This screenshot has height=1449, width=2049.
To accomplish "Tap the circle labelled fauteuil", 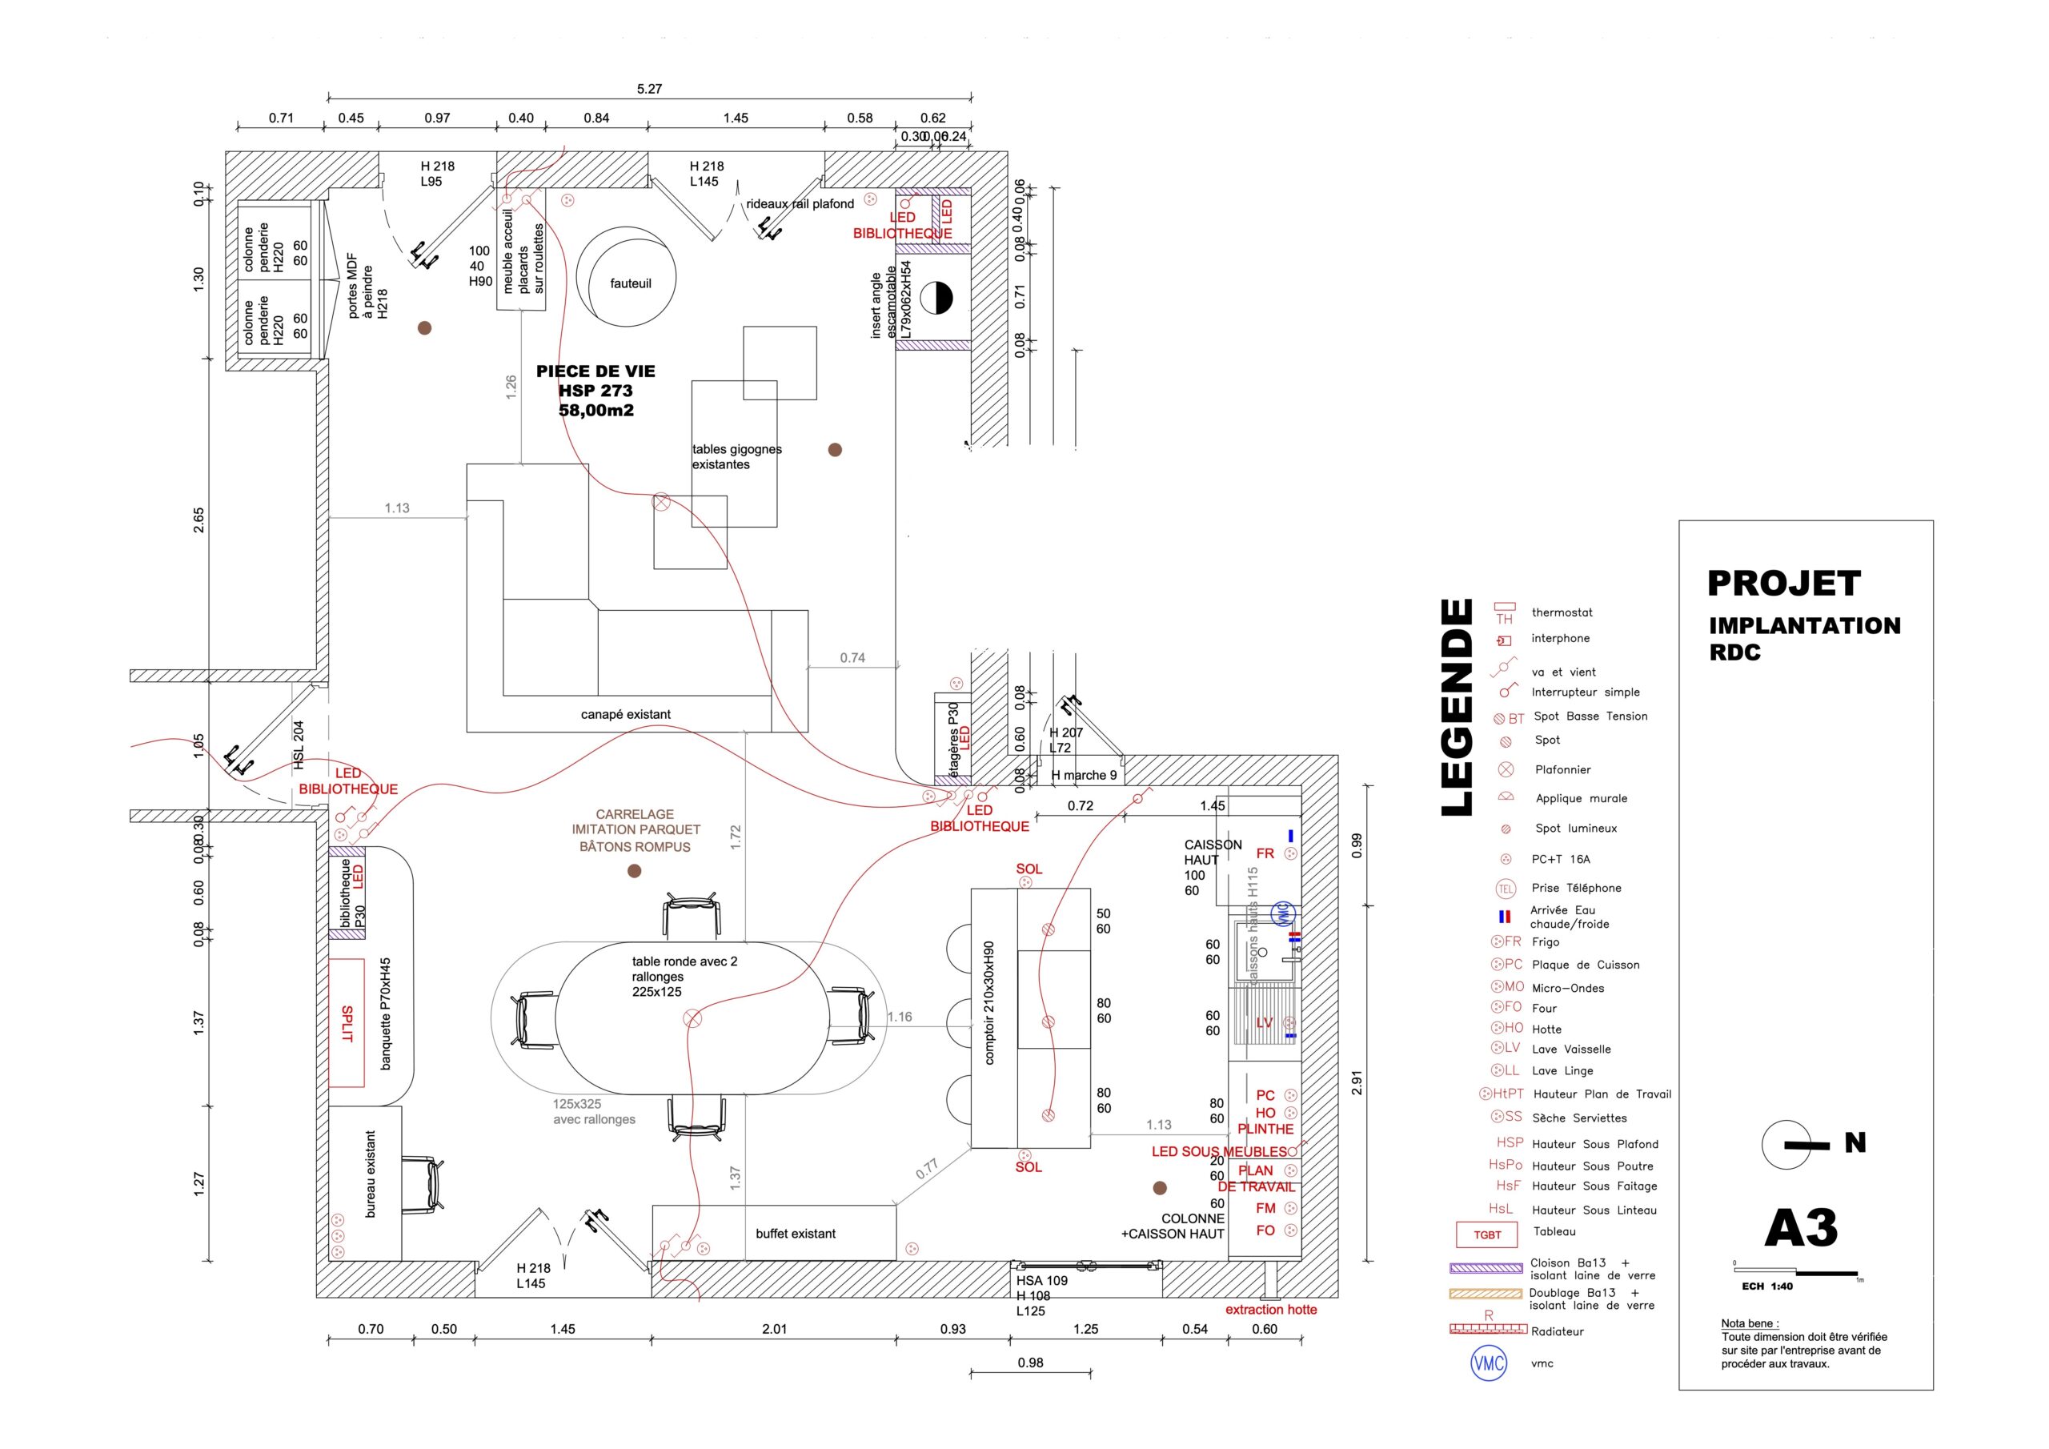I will pyautogui.click(x=627, y=278).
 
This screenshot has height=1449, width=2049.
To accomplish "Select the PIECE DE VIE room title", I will pyautogui.click(x=595, y=371).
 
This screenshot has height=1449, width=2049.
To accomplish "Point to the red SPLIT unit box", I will pyautogui.click(x=347, y=1023).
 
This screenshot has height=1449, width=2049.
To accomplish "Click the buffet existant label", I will pyautogui.click(x=795, y=1234).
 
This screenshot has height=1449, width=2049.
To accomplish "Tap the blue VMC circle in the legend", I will pyautogui.click(x=1488, y=1363).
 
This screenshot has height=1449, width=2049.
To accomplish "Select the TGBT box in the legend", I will pyautogui.click(x=1487, y=1234).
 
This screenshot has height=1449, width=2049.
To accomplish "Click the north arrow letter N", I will pyautogui.click(x=1855, y=1142).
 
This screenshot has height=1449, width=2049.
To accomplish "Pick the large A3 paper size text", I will pyautogui.click(x=1801, y=1229).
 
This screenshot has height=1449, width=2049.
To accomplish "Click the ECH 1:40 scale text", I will pyautogui.click(x=1767, y=1286).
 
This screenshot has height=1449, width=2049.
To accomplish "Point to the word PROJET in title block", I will pyautogui.click(x=1783, y=584).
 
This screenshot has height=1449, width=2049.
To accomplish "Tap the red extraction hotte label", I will pyautogui.click(x=1271, y=1310).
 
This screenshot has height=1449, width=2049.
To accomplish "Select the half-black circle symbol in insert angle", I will pyautogui.click(x=936, y=298).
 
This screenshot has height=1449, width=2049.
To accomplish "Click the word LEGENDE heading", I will pyautogui.click(x=1457, y=707).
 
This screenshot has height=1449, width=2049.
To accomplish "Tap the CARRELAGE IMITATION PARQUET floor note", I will pyautogui.click(x=636, y=830).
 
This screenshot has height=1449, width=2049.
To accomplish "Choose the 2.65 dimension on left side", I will pyautogui.click(x=199, y=520).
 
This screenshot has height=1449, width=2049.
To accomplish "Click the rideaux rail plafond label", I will pyautogui.click(x=800, y=203).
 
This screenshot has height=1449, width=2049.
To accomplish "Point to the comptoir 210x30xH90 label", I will pyautogui.click(x=988, y=1002).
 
